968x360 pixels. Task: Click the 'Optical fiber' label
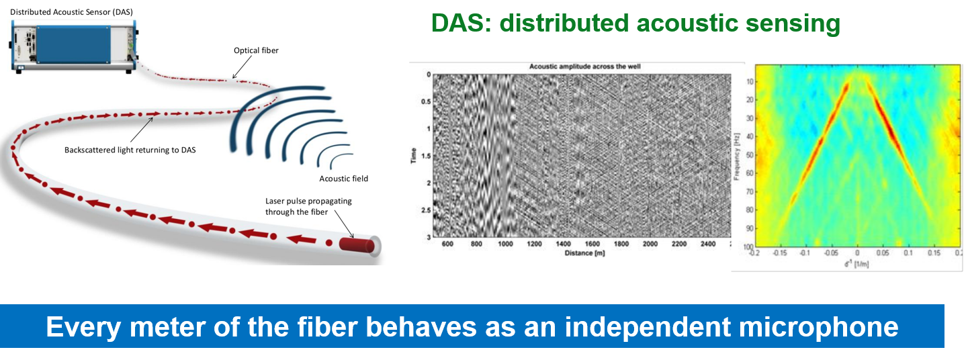coord(255,50)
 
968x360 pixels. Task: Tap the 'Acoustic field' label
coord(344,179)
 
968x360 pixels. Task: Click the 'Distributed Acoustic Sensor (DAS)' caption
coord(71,11)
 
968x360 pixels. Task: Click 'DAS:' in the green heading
coord(461,24)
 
